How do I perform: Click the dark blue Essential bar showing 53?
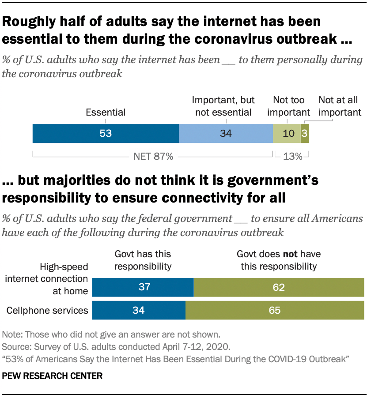pos(106,133)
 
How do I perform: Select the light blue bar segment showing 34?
pos(226,133)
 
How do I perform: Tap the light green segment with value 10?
pos(287,133)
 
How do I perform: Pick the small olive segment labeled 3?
pos(304,133)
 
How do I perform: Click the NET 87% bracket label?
pos(153,156)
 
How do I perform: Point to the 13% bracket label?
pos(291,156)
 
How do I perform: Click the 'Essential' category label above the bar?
pos(106,112)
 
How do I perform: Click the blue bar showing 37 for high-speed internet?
pos(145,287)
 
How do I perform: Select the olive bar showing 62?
pos(279,287)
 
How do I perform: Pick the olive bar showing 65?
pos(275,311)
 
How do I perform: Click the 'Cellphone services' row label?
pos(47,311)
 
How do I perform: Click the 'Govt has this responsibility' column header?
pos(143,260)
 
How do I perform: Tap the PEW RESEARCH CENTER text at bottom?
pos(53,376)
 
